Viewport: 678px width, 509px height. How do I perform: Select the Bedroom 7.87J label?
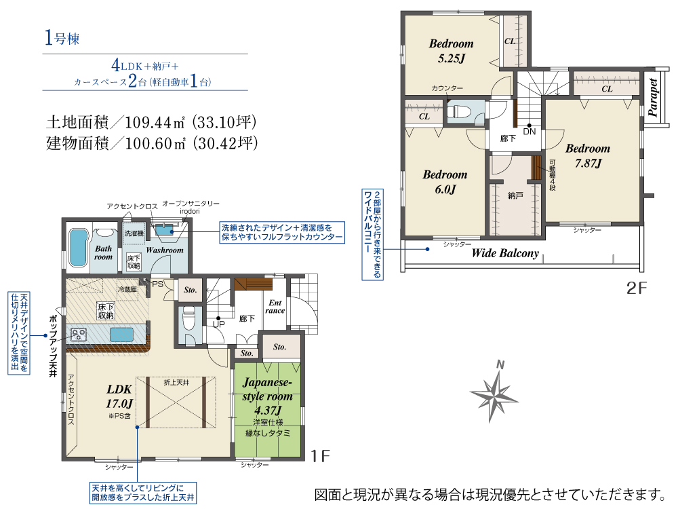coord(588,155)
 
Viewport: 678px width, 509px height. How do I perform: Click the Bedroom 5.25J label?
coord(451,51)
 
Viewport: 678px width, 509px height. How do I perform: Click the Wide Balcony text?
coord(505,254)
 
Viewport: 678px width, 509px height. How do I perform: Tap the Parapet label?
coord(654,99)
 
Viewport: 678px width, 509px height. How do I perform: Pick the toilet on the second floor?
coord(460,111)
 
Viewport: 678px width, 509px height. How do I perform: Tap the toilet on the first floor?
coord(188,317)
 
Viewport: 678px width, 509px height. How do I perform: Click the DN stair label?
coord(530,132)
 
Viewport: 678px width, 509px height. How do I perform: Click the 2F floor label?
coord(637,288)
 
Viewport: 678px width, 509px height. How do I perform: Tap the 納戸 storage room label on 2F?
coord(515,195)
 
